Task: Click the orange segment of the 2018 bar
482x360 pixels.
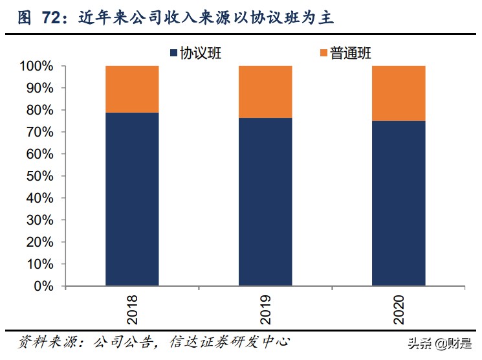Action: pyautogui.click(x=132, y=89)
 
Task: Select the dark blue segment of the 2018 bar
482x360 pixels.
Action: pyautogui.click(x=132, y=199)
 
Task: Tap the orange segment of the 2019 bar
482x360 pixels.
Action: pyautogui.click(x=265, y=92)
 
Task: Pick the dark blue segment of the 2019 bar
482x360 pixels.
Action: pyautogui.click(x=265, y=201)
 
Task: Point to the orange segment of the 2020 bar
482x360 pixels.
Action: pyautogui.click(x=399, y=93)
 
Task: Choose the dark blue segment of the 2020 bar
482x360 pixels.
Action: pyautogui.click(x=399, y=203)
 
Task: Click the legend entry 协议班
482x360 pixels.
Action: pyautogui.click(x=201, y=54)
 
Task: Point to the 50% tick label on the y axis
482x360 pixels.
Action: pyautogui.click(x=41, y=176)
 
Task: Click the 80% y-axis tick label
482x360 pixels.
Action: pyautogui.click(x=41, y=110)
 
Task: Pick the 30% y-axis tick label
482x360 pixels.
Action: pyautogui.click(x=41, y=220)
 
